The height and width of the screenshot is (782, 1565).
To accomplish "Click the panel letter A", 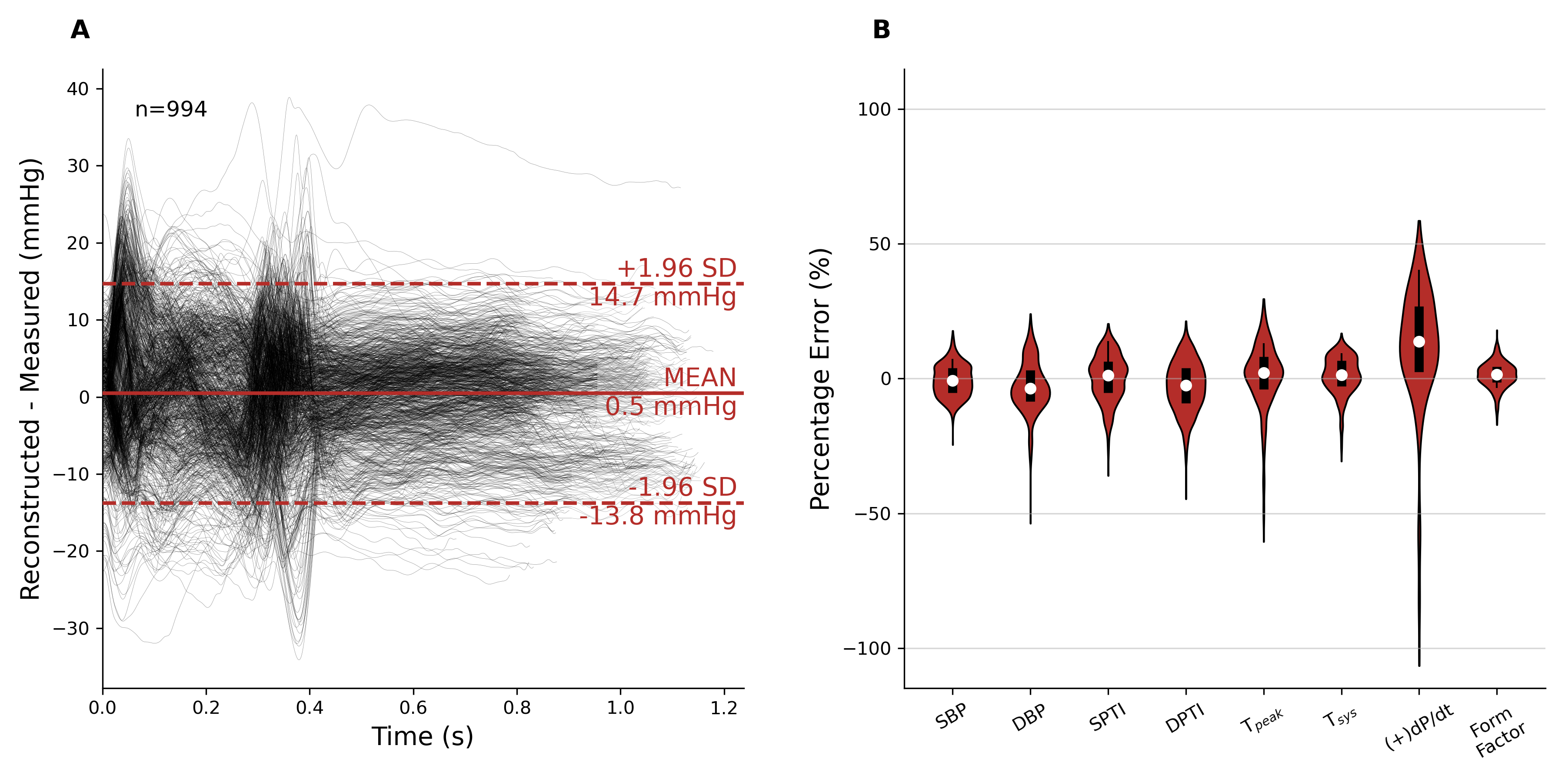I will (x=80, y=30).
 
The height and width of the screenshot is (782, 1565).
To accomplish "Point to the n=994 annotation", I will (x=171, y=109).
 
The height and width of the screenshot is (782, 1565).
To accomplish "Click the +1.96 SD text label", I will (x=676, y=268).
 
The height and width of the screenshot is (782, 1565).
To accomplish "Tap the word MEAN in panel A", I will (x=700, y=377).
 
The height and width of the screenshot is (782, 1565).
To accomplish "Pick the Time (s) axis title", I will (x=422, y=736).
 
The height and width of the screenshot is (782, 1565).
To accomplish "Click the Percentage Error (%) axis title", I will (x=820, y=379).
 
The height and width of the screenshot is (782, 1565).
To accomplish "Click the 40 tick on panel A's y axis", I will (x=78, y=89).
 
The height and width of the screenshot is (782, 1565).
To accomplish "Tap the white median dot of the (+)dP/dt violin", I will (x=1419, y=342).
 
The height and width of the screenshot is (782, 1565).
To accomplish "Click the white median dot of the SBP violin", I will (x=952, y=381).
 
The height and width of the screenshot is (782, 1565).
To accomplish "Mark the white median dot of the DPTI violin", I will (x=1186, y=385).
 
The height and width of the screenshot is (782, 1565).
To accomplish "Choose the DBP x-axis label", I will (x=1029, y=718).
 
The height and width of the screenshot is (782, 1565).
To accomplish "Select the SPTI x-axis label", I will (x=1107, y=718).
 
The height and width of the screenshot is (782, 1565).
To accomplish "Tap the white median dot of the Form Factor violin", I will (x=1497, y=375).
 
